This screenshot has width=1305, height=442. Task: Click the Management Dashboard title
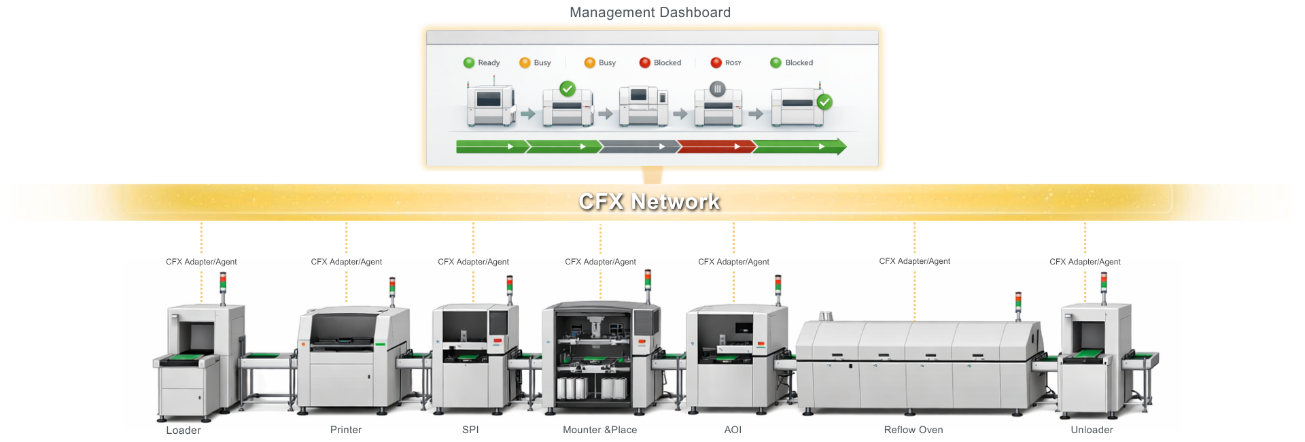(650, 12)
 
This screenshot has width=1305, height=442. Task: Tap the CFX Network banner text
(649, 201)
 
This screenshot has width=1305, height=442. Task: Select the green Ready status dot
(469, 63)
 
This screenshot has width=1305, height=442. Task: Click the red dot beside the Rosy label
(716, 63)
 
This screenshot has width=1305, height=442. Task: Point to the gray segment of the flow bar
(639, 146)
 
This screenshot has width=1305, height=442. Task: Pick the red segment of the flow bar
(716, 146)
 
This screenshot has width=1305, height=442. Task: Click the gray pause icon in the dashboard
(717, 88)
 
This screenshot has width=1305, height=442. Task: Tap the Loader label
(184, 430)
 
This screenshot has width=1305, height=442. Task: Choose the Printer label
(346, 430)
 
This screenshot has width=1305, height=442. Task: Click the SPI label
(470, 430)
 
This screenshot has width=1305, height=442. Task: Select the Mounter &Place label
(599, 430)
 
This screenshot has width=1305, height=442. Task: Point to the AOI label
(733, 430)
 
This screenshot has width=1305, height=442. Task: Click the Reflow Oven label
(913, 430)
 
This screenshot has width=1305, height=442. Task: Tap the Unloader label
(1092, 430)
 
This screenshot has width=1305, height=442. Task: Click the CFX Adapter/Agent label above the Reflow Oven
(914, 261)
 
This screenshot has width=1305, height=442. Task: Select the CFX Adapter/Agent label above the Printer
(346, 262)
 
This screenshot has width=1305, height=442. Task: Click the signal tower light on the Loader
(223, 282)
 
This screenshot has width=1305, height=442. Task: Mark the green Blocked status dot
(776, 63)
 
